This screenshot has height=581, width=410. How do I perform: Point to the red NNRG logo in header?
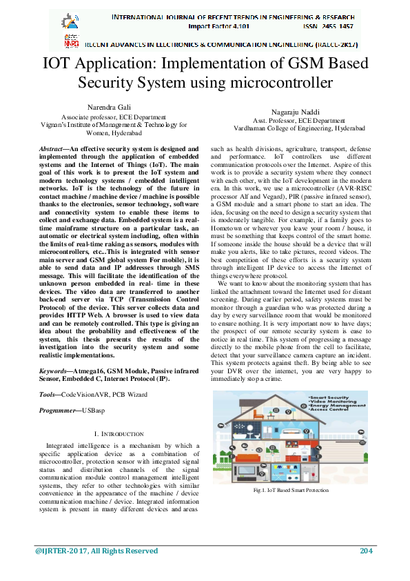(71, 41)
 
